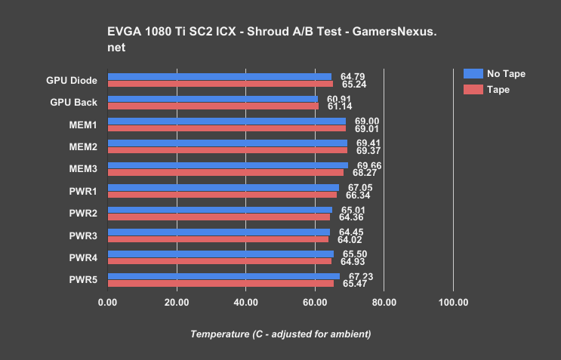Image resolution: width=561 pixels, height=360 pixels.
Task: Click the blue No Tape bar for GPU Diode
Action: [219, 76]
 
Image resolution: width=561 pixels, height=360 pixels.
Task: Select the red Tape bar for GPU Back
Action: [213, 106]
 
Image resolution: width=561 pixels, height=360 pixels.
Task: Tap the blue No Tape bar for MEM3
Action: [227, 165]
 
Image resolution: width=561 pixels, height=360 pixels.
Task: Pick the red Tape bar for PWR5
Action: [220, 284]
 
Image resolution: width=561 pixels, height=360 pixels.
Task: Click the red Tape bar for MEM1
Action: [227, 128]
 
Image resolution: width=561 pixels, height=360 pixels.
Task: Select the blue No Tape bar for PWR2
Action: [220, 210]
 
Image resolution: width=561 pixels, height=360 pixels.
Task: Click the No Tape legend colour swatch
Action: [472, 74]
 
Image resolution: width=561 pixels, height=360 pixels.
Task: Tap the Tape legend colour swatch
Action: [472, 89]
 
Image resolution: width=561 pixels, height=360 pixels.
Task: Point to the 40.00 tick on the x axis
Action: [245, 303]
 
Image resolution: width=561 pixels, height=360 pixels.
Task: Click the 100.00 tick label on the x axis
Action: [453, 303]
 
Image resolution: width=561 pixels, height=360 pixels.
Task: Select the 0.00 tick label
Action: [108, 303]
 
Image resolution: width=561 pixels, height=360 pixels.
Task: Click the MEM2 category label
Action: [82, 146]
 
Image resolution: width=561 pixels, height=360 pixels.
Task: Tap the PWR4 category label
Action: [83, 257]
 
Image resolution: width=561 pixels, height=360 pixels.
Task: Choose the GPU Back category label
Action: [73, 102]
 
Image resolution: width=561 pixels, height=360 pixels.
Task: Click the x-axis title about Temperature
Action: [280, 334]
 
